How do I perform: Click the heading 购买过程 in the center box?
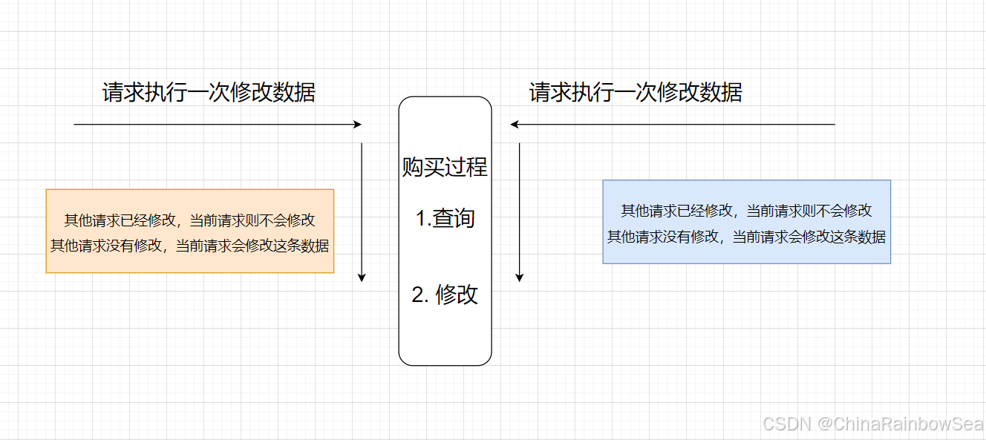point(445,167)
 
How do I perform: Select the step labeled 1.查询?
point(445,219)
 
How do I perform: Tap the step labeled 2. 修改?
point(445,295)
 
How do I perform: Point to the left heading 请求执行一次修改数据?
point(209,93)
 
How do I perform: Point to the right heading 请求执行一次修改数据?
point(636,93)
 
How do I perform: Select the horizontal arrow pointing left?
point(673,125)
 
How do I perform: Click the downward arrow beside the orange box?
point(362,211)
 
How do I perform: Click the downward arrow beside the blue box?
point(519,211)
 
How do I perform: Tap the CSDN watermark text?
point(788,423)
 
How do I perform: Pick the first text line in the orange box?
point(190,220)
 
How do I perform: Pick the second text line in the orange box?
point(190,246)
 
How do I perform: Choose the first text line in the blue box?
point(746,211)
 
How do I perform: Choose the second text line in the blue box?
point(746,237)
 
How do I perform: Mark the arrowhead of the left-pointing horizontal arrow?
point(515,125)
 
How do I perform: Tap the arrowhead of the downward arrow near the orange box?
point(362,278)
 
